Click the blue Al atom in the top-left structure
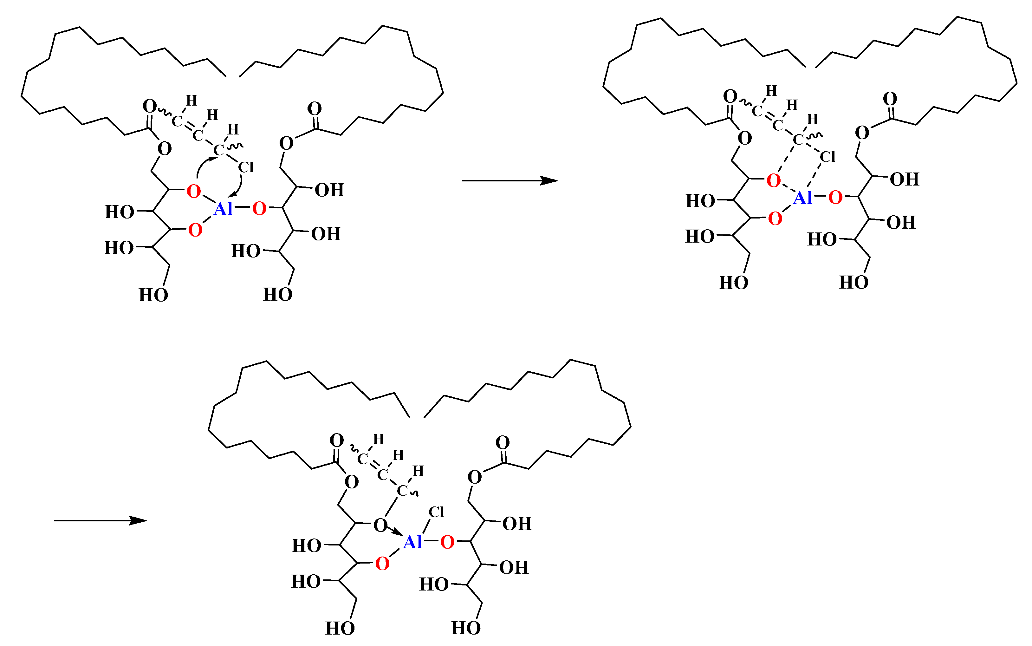[223, 209]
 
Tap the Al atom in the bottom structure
[412, 542]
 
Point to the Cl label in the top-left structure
[246, 167]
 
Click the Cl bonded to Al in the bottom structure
[436, 512]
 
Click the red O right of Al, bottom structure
[447, 542]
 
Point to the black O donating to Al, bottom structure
[380, 525]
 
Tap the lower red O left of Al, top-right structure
[775, 219]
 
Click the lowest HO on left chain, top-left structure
[153, 295]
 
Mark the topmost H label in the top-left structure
[191, 101]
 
